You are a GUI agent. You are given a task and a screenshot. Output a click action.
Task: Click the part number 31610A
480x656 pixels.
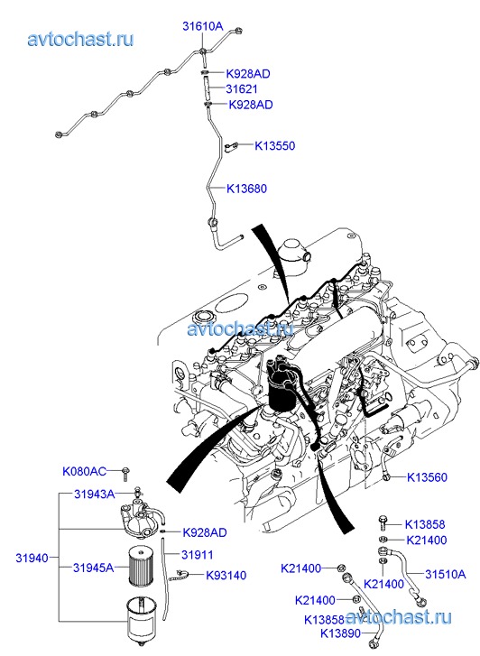coord(202,26)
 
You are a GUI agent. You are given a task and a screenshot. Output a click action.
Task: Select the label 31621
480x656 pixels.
coord(242,88)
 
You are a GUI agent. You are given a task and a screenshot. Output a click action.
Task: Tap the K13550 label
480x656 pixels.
coord(275,145)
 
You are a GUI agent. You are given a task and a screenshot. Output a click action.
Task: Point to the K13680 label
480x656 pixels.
coord(246,189)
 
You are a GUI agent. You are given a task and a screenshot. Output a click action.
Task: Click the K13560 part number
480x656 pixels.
coord(427,477)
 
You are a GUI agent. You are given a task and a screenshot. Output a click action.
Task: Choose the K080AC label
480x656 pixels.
coord(84,472)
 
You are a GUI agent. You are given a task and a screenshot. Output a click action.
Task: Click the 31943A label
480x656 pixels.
coord(94,494)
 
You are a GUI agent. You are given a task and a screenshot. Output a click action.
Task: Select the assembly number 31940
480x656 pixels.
coord(32,558)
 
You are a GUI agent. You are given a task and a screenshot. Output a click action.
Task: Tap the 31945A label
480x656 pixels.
coord(93,568)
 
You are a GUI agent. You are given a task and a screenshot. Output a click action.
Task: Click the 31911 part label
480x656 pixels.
coord(197,555)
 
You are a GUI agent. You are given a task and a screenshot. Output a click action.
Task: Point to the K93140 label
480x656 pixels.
coord(226,576)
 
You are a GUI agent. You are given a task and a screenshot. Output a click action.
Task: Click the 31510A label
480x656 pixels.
coord(446,574)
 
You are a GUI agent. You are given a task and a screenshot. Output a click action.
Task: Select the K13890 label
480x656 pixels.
coord(340,633)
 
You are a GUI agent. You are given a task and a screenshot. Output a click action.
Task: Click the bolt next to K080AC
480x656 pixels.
coord(125,473)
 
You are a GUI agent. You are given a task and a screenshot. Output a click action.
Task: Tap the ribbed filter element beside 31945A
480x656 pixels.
coord(140,567)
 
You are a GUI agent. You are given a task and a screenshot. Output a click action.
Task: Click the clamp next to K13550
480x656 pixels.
coord(231,146)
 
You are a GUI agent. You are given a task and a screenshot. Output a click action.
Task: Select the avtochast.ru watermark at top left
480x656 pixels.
coord(80,40)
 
